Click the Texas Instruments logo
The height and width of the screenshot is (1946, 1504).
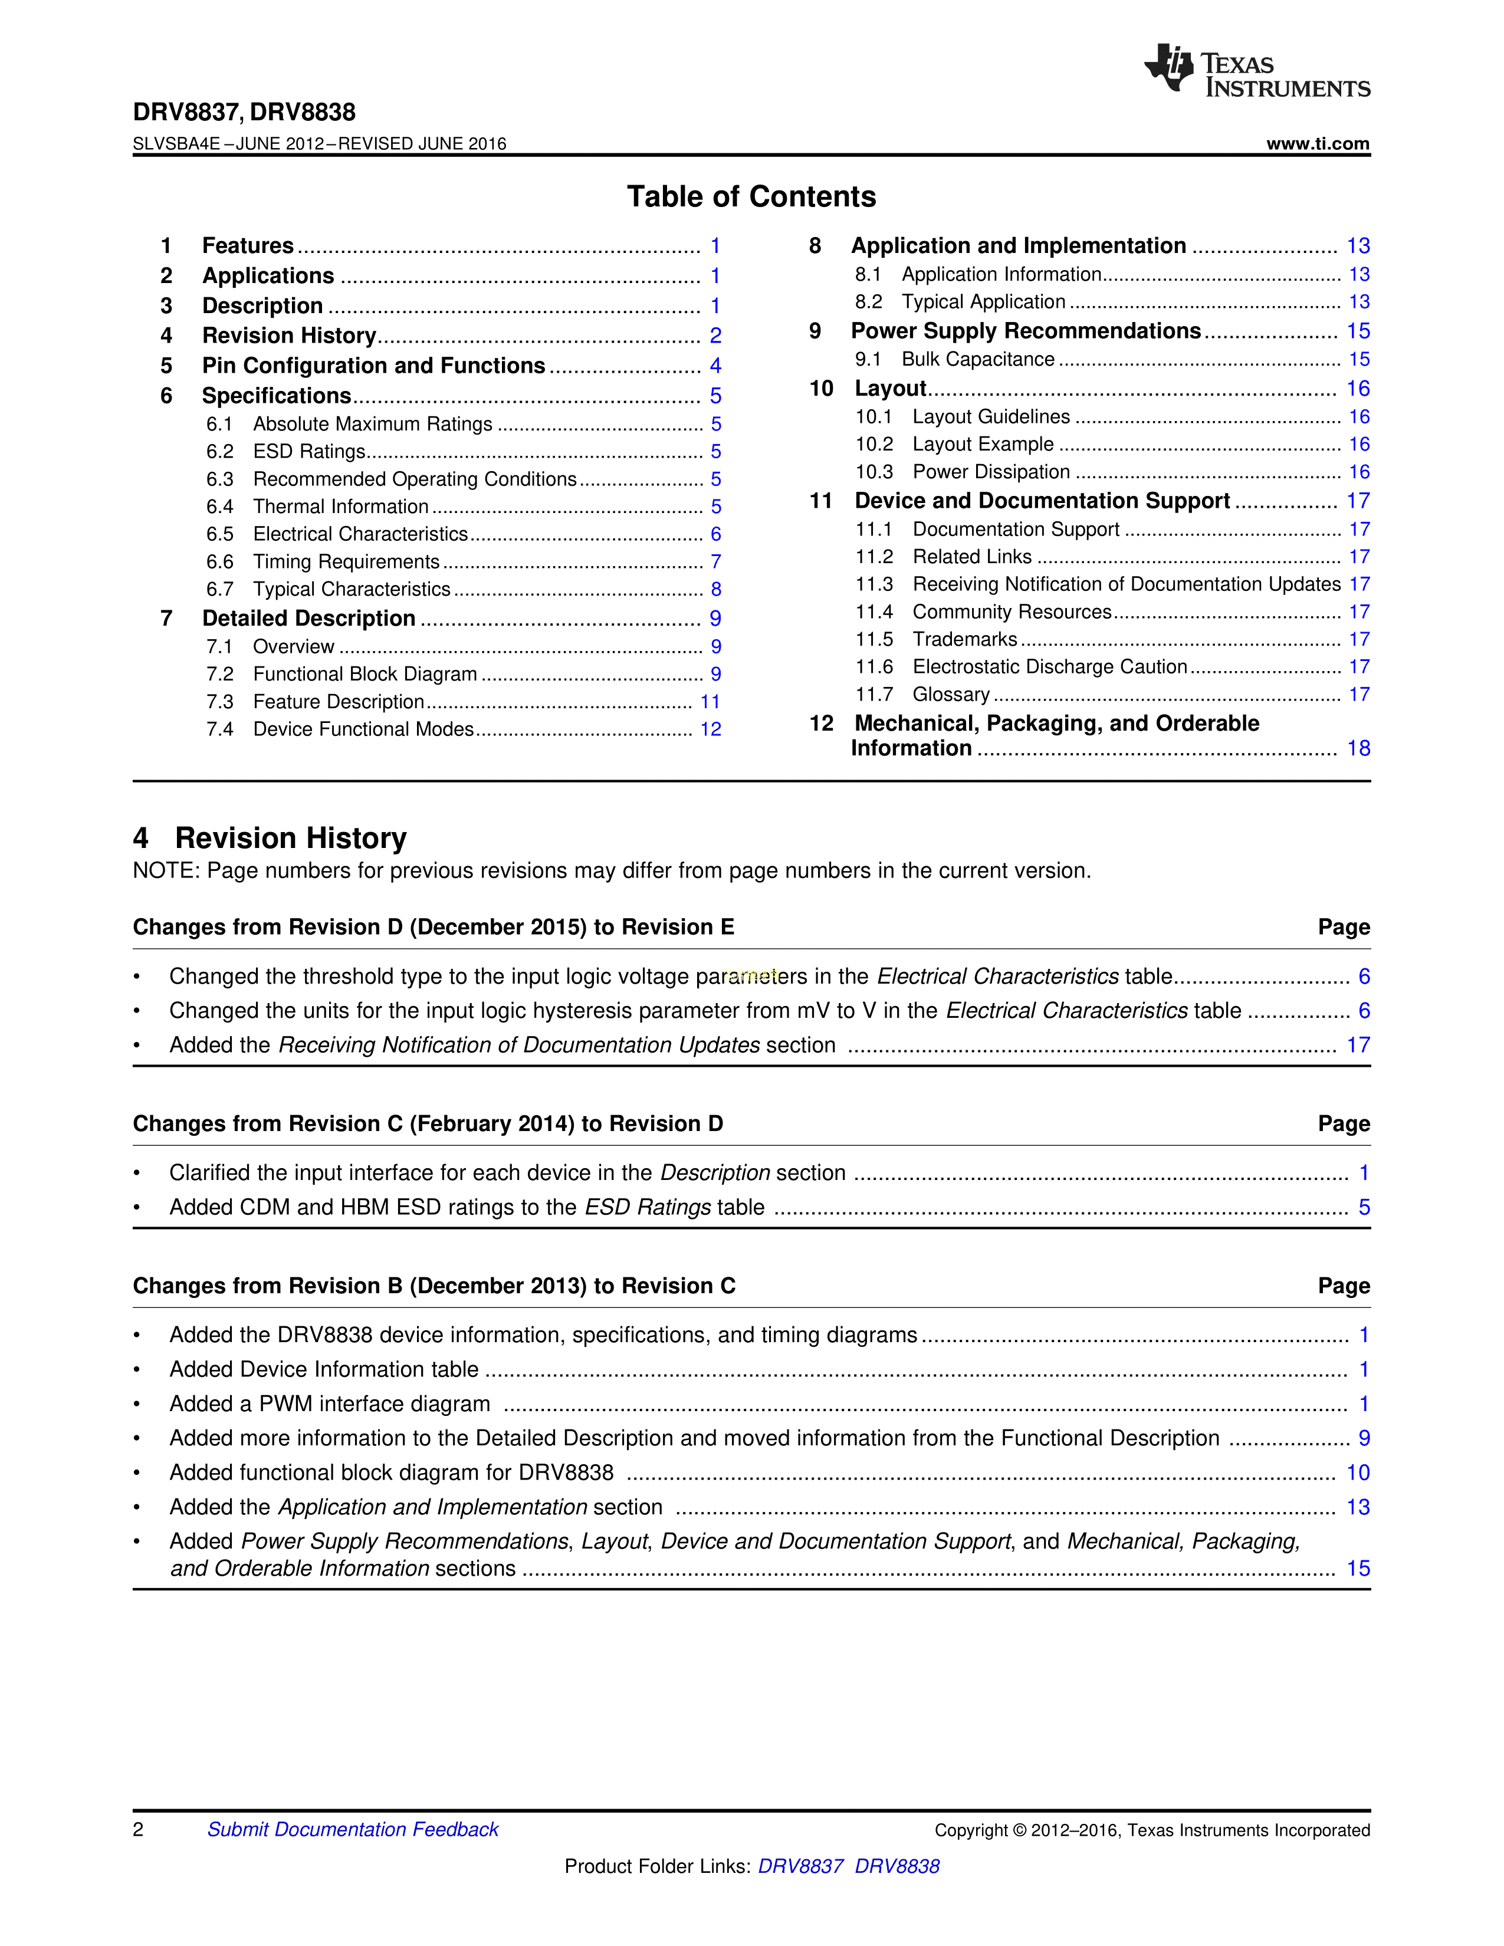(1256, 70)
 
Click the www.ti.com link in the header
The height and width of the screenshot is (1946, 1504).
(1317, 143)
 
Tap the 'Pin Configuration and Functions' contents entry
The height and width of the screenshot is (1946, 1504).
(373, 366)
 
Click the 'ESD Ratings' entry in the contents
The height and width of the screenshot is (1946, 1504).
(309, 452)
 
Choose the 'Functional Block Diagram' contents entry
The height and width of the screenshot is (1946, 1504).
(364, 675)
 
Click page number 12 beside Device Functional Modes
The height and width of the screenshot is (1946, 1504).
(710, 730)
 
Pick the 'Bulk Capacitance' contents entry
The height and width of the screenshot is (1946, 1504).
(977, 360)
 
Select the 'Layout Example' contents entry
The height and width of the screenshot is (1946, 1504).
(983, 445)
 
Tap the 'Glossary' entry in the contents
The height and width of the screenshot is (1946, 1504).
(951, 695)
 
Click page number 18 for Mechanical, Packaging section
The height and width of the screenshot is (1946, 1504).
(1358, 748)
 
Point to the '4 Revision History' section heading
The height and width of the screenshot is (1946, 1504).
(270, 839)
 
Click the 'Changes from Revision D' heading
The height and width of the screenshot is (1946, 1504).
(433, 928)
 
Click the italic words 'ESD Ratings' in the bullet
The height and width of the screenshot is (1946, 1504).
(648, 1207)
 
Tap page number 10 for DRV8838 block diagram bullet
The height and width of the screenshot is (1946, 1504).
(1358, 1473)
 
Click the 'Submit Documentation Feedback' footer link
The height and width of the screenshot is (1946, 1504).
(353, 1829)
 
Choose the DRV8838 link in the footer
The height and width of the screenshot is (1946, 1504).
(897, 1866)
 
